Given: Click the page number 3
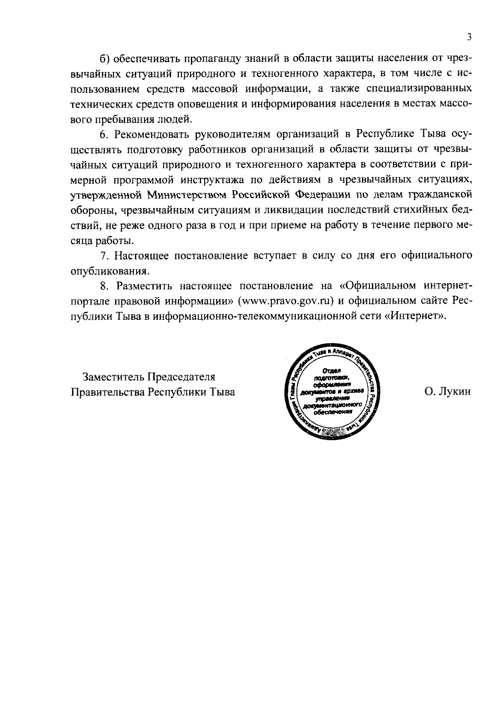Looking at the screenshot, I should coord(469,37).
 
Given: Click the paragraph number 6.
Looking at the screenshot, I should coord(104,134).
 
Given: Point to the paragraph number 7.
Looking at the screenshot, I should coord(104,256).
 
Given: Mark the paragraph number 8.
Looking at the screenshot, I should coord(104,286).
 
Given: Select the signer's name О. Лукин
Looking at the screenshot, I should coord(448,391).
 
